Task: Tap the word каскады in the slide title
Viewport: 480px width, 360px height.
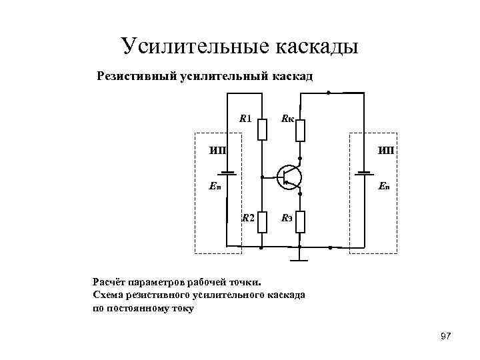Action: coord(317,46)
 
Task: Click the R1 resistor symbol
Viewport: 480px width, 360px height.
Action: coord(262,129)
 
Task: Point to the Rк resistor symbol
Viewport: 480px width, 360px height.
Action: coord(301,130)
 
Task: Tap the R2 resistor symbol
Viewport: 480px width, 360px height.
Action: coord(262,221)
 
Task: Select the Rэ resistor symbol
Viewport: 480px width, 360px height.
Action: coord(301,221)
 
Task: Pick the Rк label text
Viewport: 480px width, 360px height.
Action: coord(287,119)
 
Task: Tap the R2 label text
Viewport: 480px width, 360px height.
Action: coord(247,217)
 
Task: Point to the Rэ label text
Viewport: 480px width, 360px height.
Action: coord(287,217)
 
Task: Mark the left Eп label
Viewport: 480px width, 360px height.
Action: coord(215,187)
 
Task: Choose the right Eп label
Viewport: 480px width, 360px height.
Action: coord(386,187)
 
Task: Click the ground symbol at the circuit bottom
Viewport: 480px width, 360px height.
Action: coord(301,255)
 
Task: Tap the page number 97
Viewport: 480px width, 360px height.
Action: coord(446,336)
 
